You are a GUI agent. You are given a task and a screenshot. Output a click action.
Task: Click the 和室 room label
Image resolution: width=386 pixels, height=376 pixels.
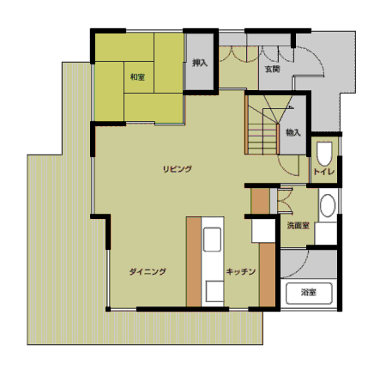pos(137,77)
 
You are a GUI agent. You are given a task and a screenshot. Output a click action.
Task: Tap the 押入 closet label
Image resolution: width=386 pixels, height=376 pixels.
pos(200,63)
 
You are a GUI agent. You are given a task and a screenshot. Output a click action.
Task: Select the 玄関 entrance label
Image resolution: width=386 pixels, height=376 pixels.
pos(273,69)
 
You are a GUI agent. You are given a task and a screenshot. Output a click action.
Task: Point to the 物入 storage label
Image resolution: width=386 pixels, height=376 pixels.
pos(293,132)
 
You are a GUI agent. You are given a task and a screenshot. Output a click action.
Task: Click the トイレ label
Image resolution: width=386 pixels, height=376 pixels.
pos(323,172)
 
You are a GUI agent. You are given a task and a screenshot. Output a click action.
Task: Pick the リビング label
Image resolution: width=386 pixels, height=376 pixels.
pos(178,169)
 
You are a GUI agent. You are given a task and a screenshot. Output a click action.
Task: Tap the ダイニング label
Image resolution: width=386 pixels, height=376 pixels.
pos(148,271)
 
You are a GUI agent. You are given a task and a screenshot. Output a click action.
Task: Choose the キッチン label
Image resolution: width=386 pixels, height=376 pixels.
pos(241,271)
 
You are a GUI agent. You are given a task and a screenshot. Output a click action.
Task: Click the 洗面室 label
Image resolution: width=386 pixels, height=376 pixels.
pos(299,226)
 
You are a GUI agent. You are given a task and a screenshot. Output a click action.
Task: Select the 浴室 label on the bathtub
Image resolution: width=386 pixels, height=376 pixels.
pos(309,293)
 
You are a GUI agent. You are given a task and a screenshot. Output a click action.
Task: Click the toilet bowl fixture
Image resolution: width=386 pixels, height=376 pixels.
pos(324,154)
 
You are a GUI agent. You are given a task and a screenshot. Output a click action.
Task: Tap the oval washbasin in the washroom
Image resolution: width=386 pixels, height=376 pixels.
pos(328,205)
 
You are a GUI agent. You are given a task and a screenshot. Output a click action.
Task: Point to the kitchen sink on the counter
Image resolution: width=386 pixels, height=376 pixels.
pos(212,240)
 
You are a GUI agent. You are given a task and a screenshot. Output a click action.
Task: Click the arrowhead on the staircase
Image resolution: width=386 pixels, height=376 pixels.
pos(292,107)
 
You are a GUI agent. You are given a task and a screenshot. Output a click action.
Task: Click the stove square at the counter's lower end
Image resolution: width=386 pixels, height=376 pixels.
pos(214,291)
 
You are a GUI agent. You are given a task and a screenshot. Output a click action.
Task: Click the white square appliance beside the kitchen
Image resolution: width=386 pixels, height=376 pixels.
pos(263,231)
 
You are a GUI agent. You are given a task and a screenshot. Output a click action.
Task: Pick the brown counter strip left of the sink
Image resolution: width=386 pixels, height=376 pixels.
pos(194,262)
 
